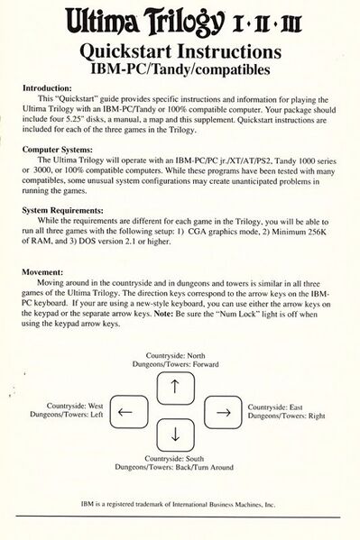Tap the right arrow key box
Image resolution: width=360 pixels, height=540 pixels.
point(218,412)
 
